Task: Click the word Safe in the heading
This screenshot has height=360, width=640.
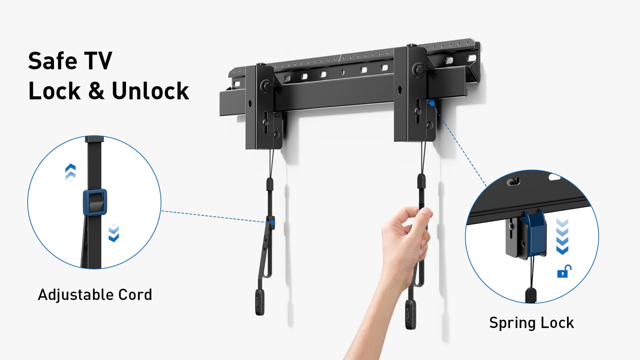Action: click(52, 61)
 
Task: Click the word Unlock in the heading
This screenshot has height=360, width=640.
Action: click(150, 91)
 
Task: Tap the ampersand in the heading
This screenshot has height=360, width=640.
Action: click(96, 91)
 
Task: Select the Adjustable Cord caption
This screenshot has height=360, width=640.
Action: click(95, 295)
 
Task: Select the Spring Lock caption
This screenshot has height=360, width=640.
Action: click(531, 323)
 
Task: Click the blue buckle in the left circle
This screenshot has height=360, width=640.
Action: click(95, 202)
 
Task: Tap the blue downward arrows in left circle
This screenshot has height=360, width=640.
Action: click(114, 233)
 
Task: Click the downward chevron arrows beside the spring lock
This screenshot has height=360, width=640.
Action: click(562, 237)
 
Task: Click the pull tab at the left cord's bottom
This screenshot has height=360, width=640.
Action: click(260, 302)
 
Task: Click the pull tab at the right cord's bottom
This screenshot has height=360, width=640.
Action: click(410, 314)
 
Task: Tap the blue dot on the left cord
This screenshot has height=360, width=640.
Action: click(272, 222)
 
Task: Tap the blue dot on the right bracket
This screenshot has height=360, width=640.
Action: click(432, 104)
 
